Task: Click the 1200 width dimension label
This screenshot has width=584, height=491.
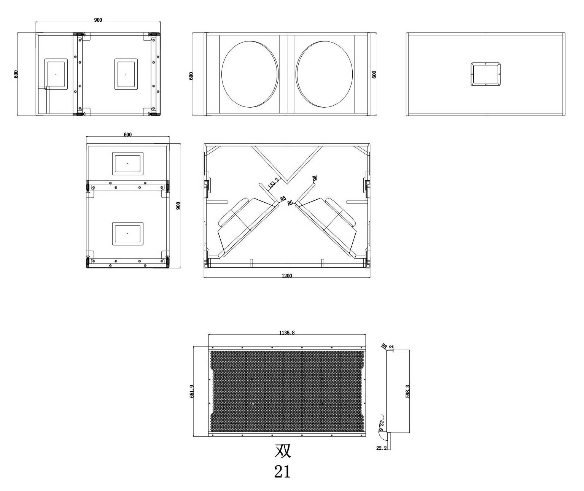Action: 287,276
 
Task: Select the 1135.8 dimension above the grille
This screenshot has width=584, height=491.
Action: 287,333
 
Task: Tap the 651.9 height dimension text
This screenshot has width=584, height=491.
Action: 192,391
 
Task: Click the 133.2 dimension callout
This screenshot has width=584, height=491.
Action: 273,183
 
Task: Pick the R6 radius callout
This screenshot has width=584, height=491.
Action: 314,178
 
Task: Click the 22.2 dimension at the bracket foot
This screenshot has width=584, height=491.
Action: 381,448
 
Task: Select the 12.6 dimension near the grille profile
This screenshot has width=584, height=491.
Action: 381,426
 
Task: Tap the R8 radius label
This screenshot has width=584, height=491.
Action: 384,346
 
